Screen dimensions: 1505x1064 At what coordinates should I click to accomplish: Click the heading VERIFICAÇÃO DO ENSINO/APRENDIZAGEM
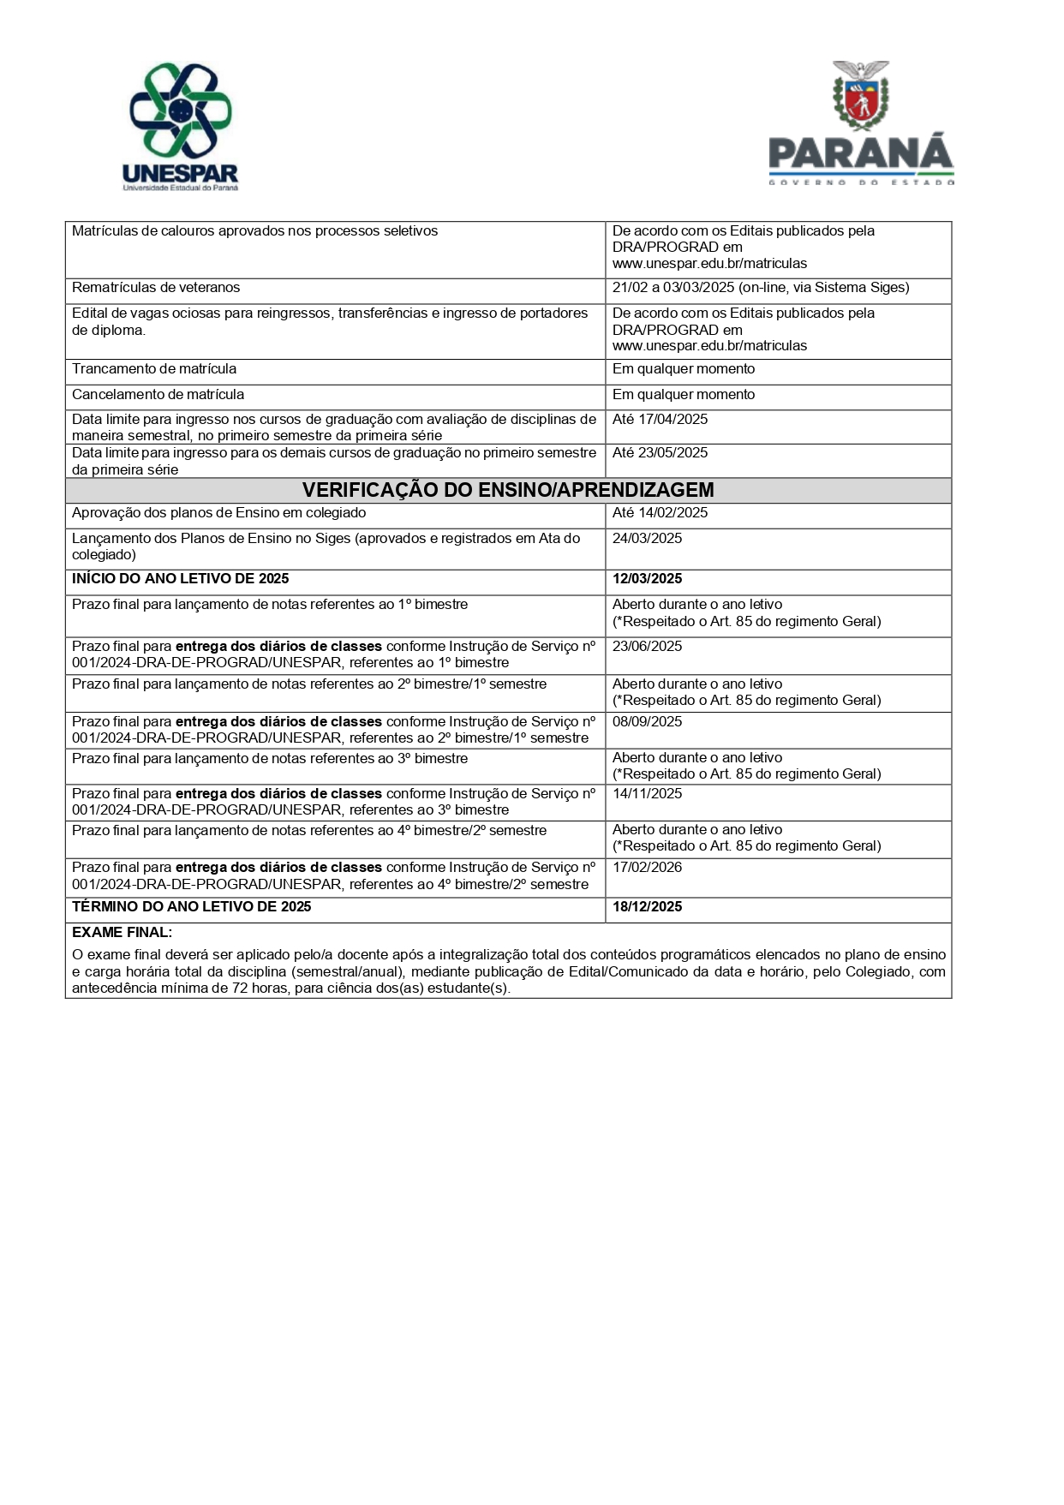[508, 490]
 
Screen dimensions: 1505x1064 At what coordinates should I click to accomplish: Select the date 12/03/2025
[647, 579]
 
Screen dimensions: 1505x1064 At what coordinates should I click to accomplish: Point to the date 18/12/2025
[647, 907]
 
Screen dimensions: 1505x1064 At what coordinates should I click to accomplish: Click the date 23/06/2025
[647, 647]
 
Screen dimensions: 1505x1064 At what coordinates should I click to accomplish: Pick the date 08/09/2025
[647, 722]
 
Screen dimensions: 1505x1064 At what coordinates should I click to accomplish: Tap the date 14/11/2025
[647, 794]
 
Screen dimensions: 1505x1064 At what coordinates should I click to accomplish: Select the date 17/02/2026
[647, 868]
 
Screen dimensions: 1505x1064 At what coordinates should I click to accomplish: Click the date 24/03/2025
[647, 539]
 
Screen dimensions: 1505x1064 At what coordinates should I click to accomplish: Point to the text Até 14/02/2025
[660, 513]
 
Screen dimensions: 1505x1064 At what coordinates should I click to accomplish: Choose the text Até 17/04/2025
[660, 420]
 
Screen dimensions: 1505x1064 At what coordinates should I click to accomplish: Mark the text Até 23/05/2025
[660, 453]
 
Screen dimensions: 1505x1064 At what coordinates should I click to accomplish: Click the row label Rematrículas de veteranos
[156, 288]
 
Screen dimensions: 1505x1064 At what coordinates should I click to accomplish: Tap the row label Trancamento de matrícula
[154, 369]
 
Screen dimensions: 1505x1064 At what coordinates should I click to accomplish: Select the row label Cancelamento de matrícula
[158, 395]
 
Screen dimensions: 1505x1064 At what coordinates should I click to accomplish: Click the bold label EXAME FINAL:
[122, 933]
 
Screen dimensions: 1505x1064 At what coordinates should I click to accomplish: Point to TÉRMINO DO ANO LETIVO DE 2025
[191, 907]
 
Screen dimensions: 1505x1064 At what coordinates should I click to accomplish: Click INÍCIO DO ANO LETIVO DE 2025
[180, 579]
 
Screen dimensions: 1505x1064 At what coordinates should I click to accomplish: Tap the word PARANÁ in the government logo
[860, 153]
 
